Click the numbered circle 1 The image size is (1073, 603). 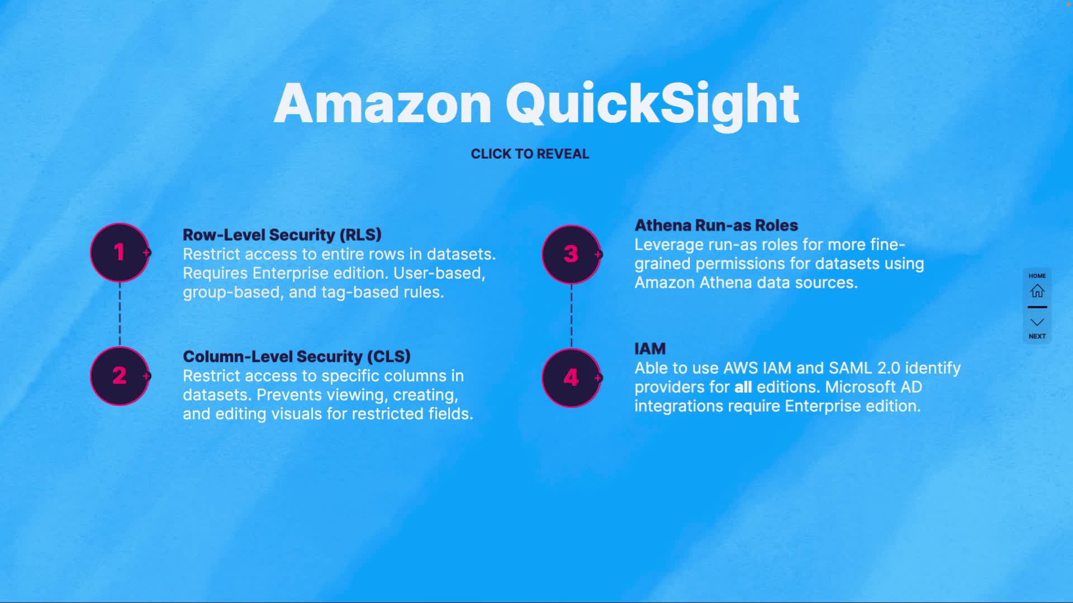(x=120, y=252)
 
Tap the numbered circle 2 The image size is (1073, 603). (x=120, y=376)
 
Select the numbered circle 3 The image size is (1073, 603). (x=571, y=255)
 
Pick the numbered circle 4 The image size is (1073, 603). (x=571, y=378)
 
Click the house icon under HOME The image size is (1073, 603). (x=1037, y=291)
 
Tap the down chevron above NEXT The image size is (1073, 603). (x=1037, y=322)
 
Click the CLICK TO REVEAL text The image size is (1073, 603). (x=530, y=154)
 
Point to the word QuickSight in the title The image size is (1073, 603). (x=652, y=104)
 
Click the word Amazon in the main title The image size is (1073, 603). (x=383, y=104)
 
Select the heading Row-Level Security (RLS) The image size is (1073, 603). (x=282, y=234)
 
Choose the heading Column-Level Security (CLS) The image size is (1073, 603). (x=297, y=356)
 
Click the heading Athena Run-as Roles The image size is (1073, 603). (x=716, y=226)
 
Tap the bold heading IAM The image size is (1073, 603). (x=650, y=349)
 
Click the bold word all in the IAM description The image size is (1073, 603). (x=743, y=387)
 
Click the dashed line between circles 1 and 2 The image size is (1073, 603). (x=120, y=314)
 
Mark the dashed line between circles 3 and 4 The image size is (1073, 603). (x=571, y=316)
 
